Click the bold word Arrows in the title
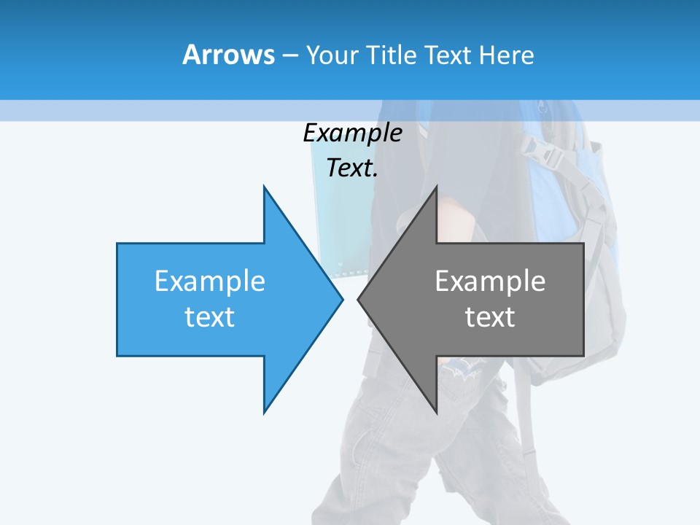[228, 55]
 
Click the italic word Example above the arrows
[352, 133]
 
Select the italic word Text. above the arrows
[352, 168]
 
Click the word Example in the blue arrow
[210, 281]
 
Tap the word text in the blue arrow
[210, 316]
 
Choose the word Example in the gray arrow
[490, 281]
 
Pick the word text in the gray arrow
[490, 316]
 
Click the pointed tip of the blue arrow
[342, 299]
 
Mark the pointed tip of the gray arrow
[358, 299]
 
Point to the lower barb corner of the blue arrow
[264, 413]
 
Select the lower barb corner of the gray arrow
[436, 413]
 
